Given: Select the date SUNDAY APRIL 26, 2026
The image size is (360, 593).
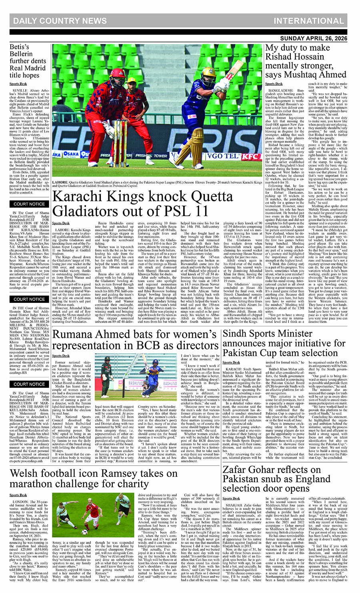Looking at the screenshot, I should pyautogui.click(x=314, y=38).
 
